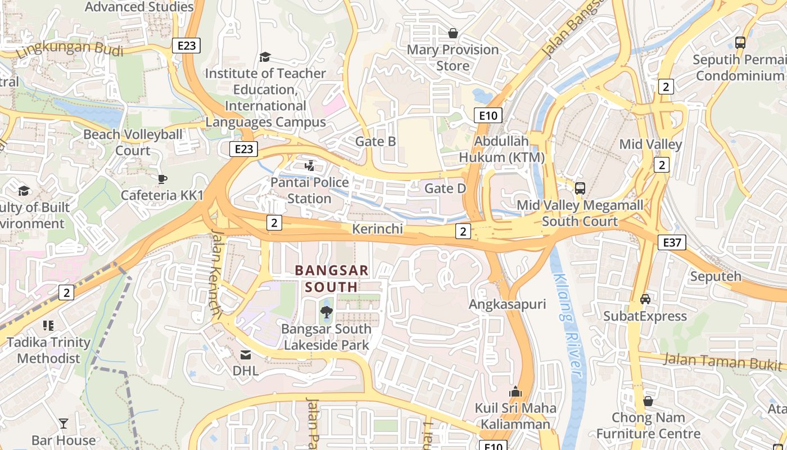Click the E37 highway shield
(x=672, y=242)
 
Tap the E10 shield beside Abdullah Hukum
(x=487, y=116)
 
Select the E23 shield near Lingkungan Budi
(x=186, y=46)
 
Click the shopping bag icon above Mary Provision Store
(x=453, y=34)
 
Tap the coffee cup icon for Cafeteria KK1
(x=162, y=179)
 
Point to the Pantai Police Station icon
(x=309, y=165)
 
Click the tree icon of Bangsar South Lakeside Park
(x=326, y=312)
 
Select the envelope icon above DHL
(x=246, y=355)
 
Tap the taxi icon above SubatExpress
(x=645, y=299)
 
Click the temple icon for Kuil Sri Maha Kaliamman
(x=515, y=391)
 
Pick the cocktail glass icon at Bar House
(x=64, y=424)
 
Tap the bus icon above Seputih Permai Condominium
(x=740, y=43)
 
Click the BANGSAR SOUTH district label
(x=332, y=278)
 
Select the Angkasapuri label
(x=508, y=304)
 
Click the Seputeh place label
(x=716, y=277)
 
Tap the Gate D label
(x=445, y=188)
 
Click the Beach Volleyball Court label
(x=133, y=142)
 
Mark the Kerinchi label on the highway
(x=377, y=229)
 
